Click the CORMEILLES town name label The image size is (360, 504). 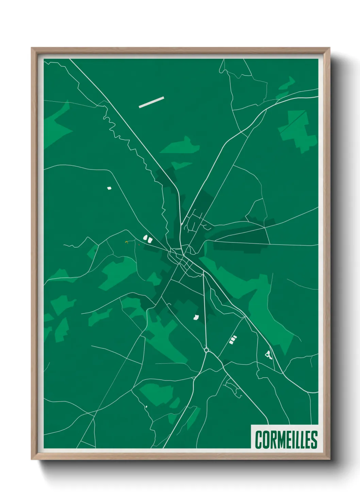(286, 440)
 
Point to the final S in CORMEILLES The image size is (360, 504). (314, 440)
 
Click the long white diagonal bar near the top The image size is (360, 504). (151, 102)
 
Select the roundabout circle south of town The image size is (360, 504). (206, 350)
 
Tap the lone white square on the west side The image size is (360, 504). (109, 188)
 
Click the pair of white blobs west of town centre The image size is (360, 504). (148, 239)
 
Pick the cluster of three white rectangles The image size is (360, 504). (233, 340)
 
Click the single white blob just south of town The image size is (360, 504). (196, 317)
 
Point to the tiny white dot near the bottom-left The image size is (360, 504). (146, 407)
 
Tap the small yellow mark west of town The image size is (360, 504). (126, 242)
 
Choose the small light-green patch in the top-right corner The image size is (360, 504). (288, 83)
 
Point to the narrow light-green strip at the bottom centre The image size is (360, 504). (193, 418)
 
